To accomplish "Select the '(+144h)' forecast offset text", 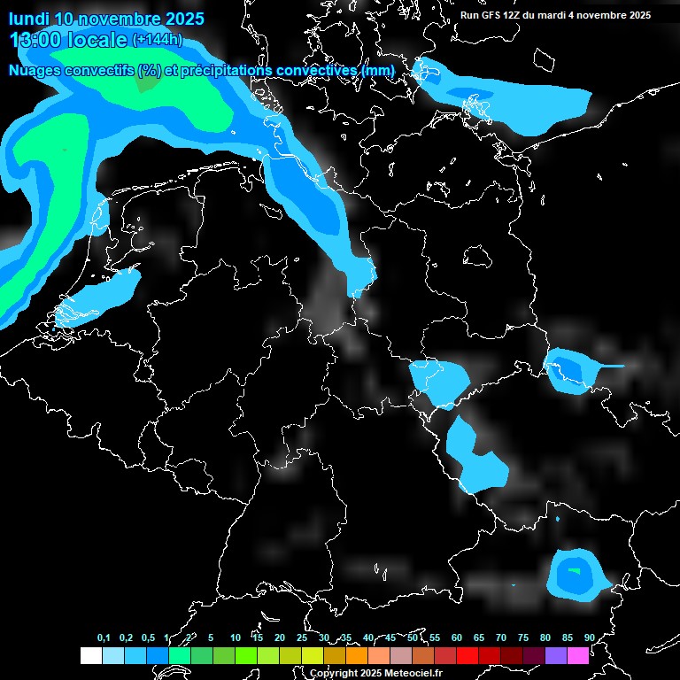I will [157, 40].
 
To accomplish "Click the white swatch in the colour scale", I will [91, 655].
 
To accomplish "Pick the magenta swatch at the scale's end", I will [578, 655].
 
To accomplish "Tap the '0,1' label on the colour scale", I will [104, 637].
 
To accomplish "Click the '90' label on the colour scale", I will [590, 637].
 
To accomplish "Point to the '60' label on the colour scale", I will [457, 637].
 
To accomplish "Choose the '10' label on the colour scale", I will [235, 637].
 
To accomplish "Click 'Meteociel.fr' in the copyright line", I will [413, 674].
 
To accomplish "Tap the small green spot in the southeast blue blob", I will [575, 571].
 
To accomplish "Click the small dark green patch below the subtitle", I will [147, 86].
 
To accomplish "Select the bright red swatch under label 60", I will [467, 655].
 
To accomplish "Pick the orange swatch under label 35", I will [357, 655].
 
